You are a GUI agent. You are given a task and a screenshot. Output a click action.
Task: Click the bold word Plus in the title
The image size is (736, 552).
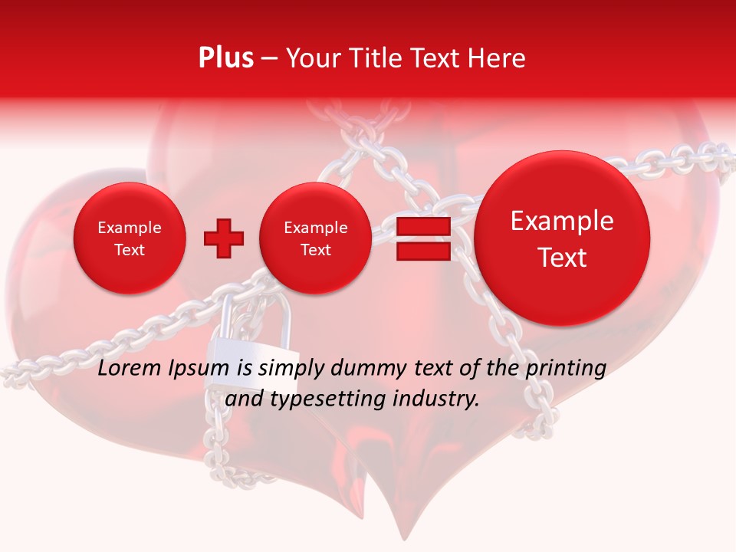coord(225,58)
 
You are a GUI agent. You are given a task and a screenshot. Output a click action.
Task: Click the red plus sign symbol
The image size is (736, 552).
coord(224,238)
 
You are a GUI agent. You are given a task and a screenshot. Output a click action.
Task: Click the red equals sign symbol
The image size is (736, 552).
coord(422,238)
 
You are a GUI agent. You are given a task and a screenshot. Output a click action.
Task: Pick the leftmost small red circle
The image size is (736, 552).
coord(129,238)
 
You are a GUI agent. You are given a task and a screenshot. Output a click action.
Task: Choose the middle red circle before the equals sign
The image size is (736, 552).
coord(315,238)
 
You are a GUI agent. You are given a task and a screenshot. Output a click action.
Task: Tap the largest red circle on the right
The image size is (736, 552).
coord(562,238)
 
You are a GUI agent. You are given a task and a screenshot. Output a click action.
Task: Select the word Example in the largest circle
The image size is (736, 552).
coord(562,222)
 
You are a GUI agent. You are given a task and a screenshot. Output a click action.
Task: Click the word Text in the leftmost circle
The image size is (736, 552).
coord(129,250)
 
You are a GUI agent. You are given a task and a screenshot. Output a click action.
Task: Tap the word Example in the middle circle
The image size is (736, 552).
coord(315,228)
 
